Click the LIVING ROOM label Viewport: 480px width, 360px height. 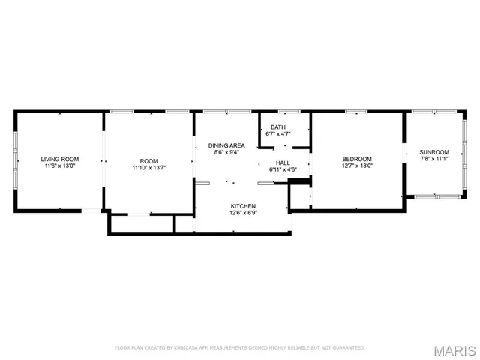click(60, 159)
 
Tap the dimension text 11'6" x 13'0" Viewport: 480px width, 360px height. click(60, 166)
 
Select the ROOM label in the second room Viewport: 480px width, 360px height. click(149, 161)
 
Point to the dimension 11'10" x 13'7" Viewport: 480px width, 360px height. click(149, 169)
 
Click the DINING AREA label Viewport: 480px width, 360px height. click(226, 145)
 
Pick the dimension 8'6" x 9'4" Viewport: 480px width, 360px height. click(226, 153)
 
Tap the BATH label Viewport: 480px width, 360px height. click(278, 127)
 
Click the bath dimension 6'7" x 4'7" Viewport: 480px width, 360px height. click(278, 135)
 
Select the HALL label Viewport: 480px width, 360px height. click(283, 163)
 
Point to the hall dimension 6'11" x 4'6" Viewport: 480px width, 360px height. click(283, 170)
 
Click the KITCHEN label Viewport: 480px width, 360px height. click(243, 205)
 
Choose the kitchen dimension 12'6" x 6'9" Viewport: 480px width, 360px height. click(243, 213)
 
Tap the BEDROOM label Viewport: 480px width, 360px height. click(357, 159)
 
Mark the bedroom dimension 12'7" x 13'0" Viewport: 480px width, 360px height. click(357, 166)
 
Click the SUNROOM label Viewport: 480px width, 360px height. click(434, 151)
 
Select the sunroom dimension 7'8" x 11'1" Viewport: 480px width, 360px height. click(434, 159)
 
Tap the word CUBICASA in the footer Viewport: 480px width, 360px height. click(184, 348)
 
